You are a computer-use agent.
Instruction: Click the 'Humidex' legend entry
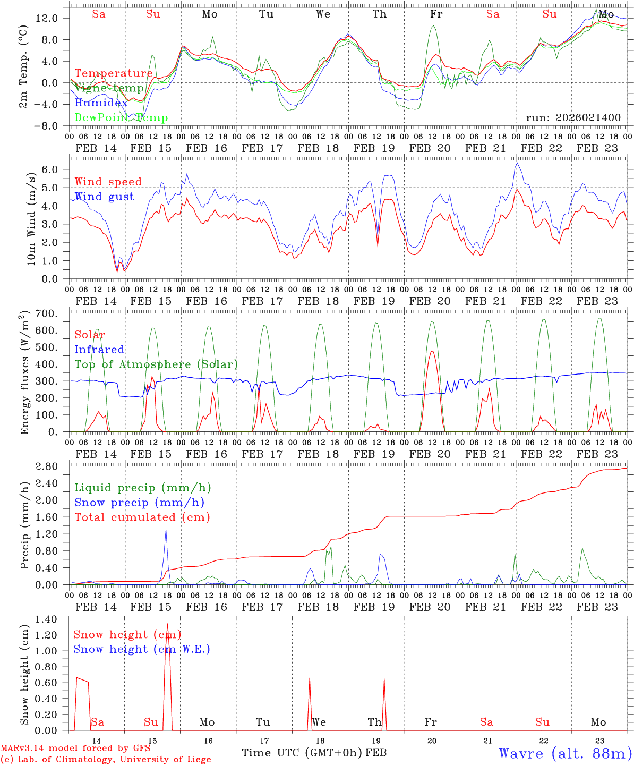click(x=101, y=103)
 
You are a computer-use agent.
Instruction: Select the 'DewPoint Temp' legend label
click(x=121, y=118)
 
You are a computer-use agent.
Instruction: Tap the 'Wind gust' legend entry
click(x=104, y=197)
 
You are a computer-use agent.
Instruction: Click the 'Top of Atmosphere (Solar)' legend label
click(x=156, y=364)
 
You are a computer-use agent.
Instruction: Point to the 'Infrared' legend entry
click(x=99, y=350)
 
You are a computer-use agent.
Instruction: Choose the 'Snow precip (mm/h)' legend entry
click(x=139, y=503)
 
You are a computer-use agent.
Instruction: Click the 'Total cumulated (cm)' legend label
click(x=142, y=517)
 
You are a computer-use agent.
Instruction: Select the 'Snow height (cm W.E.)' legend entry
click(x=142, y=649)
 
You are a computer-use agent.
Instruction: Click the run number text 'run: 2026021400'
click(x=573, y=117)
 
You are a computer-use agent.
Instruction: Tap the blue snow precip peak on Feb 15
click(x=166, y=530)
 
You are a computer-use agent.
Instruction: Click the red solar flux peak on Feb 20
click(x=432, y=352)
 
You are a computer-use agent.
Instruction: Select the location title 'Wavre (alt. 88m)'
click(x=564, y=753)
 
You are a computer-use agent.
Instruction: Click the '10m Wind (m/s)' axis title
click(x=31, y=218)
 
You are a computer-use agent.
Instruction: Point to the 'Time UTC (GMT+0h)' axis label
click(x=302, y=753)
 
